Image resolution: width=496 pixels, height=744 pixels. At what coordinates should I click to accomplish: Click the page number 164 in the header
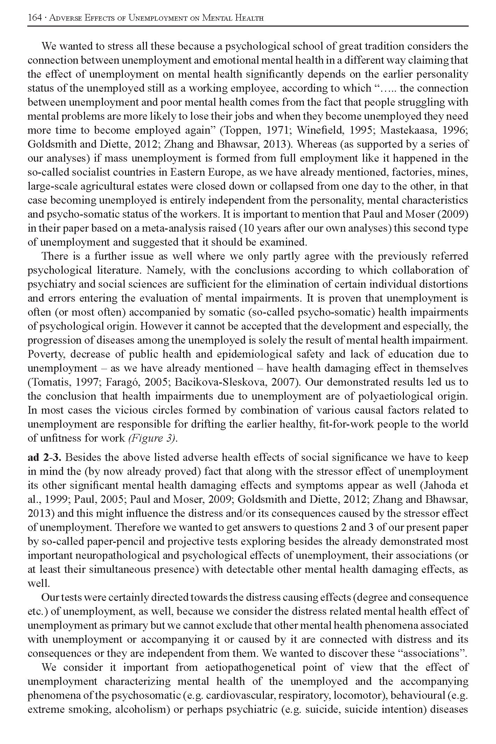34,18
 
